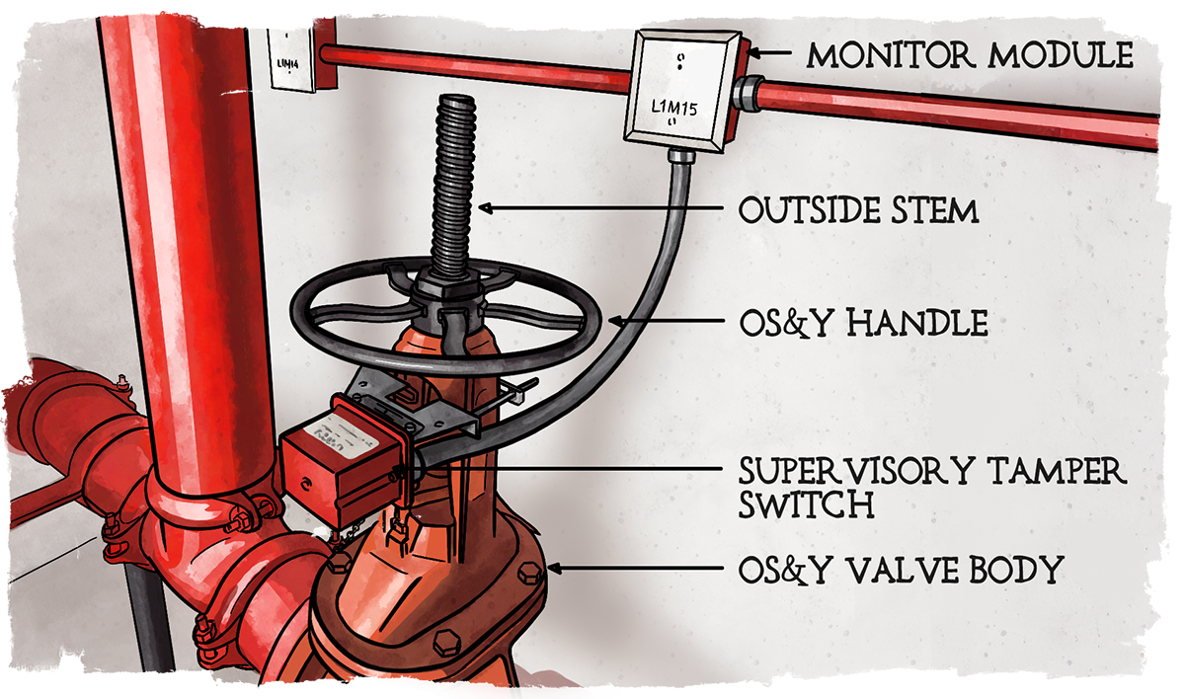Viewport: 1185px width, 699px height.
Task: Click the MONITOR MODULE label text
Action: [969, 55]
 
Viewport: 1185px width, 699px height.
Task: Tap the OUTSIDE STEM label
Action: [858, 210]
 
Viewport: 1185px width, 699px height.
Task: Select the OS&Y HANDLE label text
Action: [863, 323]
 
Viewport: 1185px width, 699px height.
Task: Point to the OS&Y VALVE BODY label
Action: [901, 570]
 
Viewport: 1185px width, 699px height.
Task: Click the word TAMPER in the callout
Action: [1057, 471]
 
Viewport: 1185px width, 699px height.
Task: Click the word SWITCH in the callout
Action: [806, 504]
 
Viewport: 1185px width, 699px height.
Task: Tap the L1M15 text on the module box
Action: [673, 108]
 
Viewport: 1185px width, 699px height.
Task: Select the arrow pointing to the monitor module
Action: [768, 53]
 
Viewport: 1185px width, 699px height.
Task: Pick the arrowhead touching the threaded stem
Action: [486, 208]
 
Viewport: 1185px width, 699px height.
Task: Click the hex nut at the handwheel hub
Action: [447, 285]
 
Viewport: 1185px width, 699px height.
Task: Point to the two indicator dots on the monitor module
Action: [680, 61]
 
